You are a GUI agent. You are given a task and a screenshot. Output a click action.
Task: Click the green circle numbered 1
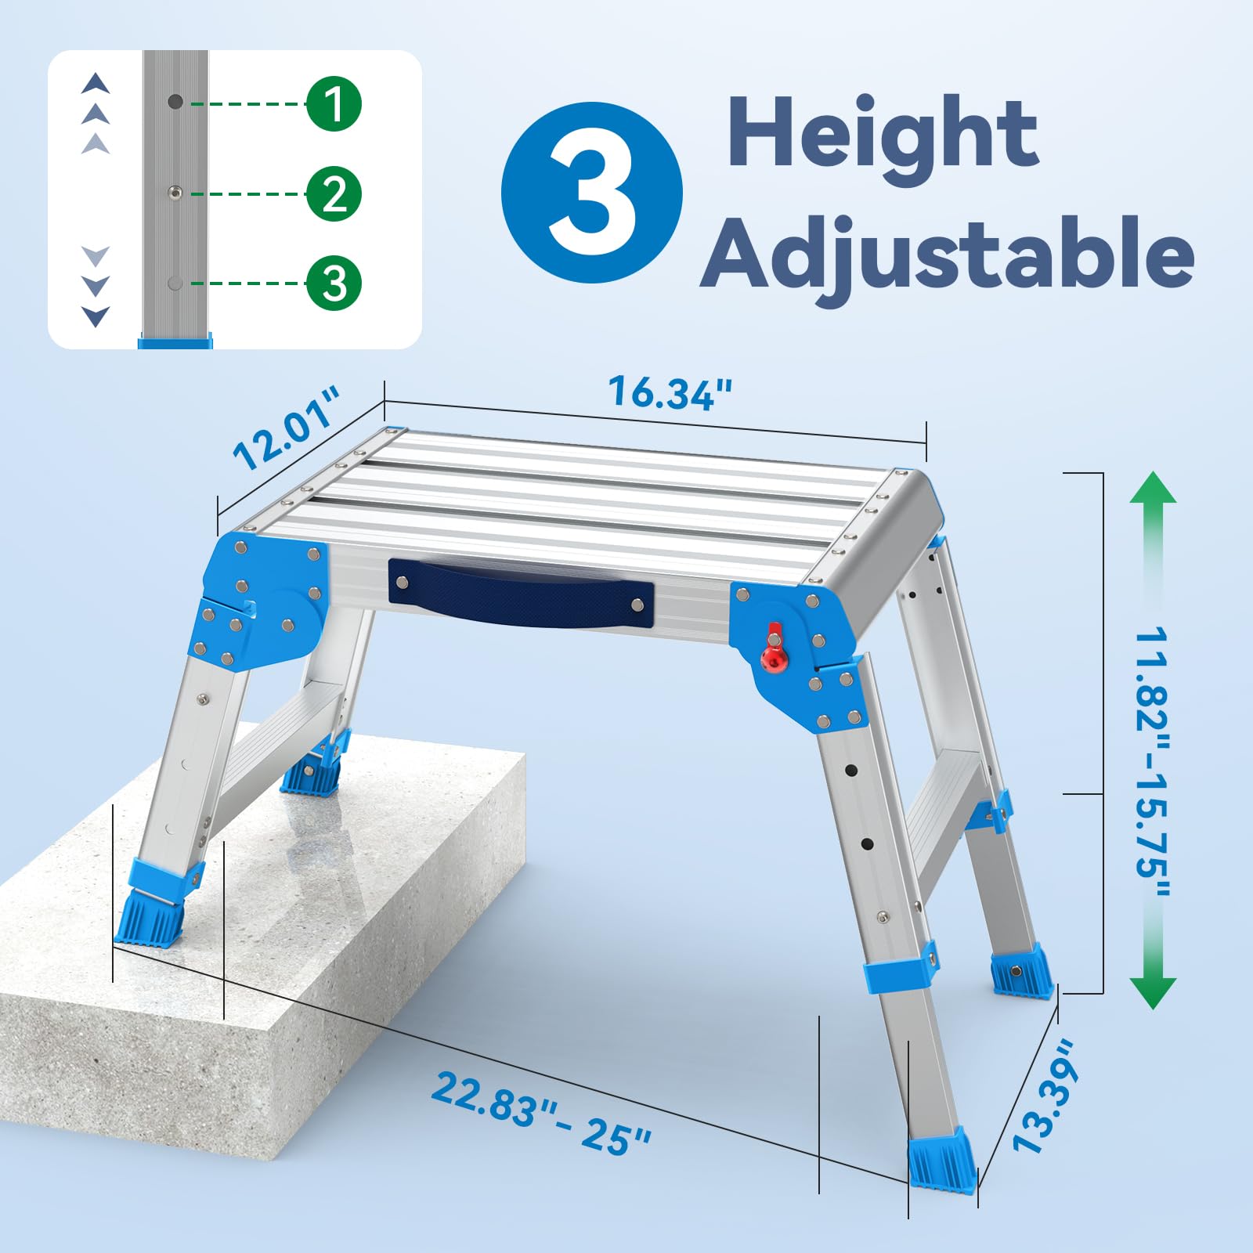click(334, 103)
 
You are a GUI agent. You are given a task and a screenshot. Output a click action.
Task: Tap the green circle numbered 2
click(334, 193)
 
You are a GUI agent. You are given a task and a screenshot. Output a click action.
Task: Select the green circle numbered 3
click(334, 283)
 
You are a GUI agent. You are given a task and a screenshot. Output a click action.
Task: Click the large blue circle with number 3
click(592, 193)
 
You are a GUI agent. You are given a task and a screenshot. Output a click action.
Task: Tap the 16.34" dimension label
click(671, 392)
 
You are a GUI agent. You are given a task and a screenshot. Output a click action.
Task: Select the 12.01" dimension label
click(287, 427)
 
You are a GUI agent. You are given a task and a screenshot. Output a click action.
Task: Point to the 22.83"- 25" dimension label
click(540, 1112)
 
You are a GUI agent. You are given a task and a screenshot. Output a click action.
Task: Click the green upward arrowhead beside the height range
click(1154, 487)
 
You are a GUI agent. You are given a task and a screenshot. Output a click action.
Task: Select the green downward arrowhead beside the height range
click(1154, 993)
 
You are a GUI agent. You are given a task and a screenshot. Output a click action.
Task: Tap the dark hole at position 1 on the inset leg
click(175, 101)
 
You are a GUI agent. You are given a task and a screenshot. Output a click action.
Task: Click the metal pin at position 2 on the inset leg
click(175, 193)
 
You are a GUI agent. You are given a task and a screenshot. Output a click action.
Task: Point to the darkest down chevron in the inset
click(96, 316)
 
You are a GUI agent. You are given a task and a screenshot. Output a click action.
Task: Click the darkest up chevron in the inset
click(96, 83)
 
